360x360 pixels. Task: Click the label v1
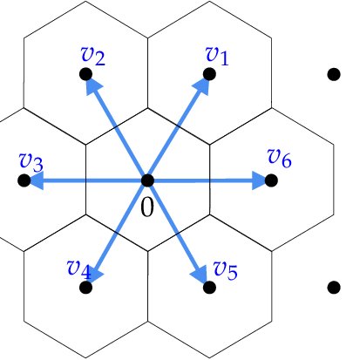(216, 55)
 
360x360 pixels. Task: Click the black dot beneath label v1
(209, 74)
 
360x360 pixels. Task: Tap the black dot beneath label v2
(85, 75)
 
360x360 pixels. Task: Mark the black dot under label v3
(24, 180)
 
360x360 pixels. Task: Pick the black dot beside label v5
(208, 286)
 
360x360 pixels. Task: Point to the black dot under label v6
(270, 180)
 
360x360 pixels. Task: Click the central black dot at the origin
(147, 180)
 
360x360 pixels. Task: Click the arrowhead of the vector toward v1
(203, 83)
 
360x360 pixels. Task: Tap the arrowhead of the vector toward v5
(201, 275)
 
